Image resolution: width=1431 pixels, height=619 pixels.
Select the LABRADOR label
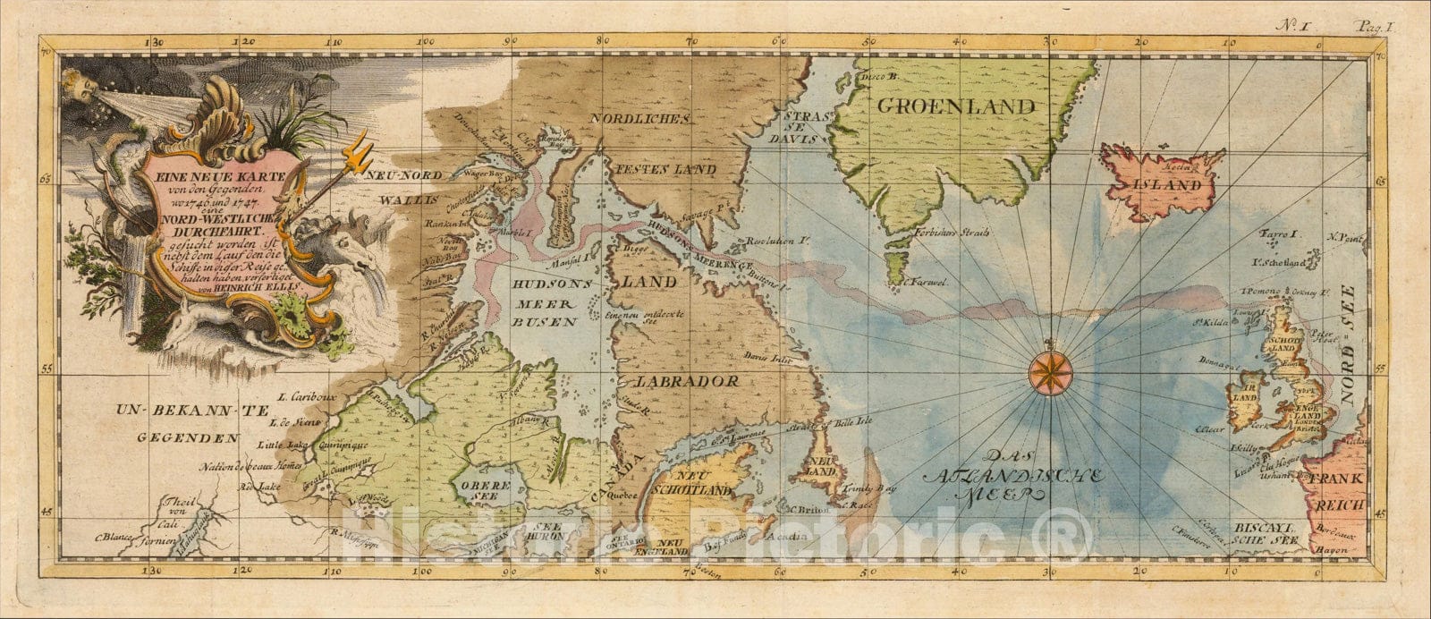[x=685, y=381]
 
